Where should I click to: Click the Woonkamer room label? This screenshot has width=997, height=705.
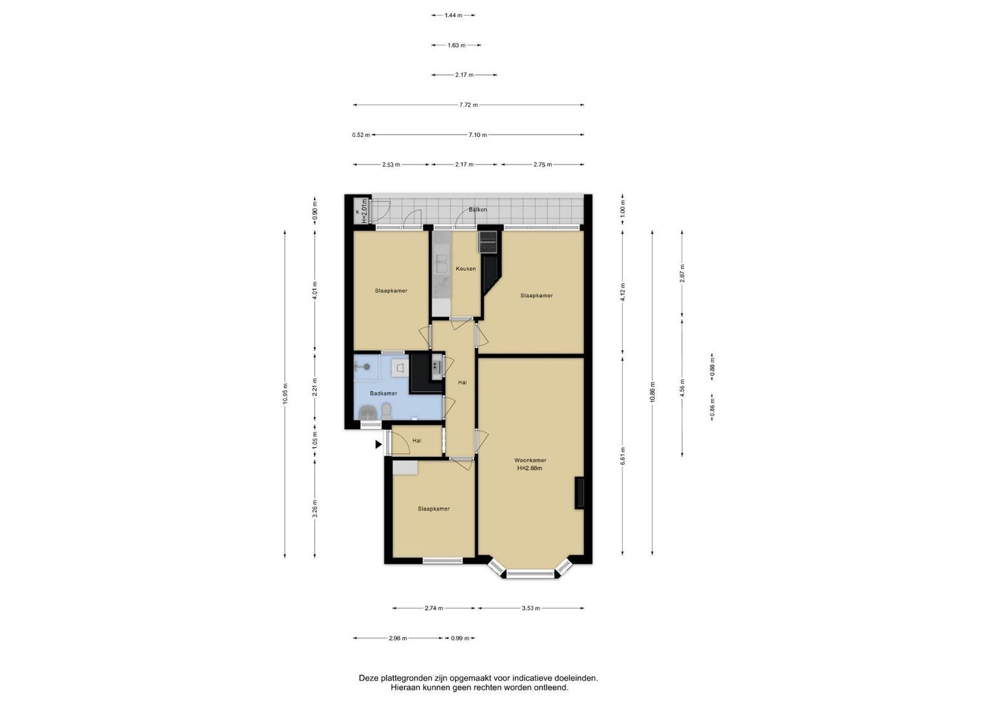click(530, 460)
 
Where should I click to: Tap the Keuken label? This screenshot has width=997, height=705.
click(466, 269)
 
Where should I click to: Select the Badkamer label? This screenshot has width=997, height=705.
click(384, 394)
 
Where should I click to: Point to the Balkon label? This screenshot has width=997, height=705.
click(477, 210)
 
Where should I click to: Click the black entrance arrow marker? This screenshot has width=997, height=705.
click(378, 444)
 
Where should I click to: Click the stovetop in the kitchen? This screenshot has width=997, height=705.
click(488, 242)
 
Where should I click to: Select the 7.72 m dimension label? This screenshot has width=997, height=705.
click(468, 105)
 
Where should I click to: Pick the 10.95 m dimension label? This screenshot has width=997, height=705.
click(285, 394)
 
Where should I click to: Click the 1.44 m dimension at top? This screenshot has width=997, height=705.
click(453, 15)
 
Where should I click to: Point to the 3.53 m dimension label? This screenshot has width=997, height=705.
click(531, 608)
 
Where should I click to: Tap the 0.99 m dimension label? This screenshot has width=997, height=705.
click(460, 638)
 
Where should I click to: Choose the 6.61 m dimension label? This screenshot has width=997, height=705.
click(623, 456)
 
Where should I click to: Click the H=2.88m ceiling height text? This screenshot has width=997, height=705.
click(530, 468)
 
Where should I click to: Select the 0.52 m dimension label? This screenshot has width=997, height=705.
click(361, 135)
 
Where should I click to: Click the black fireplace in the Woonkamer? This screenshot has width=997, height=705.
click(579, 493)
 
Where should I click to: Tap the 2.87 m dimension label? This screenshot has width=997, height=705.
click(682, 273)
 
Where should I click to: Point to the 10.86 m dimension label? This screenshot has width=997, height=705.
click(652, 392)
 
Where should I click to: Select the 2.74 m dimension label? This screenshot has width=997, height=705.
click(434, 608)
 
